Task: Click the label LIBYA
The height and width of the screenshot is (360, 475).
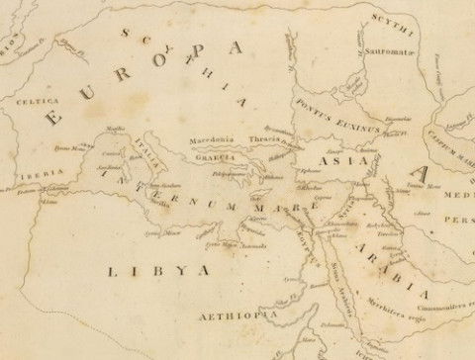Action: [157, 269]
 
